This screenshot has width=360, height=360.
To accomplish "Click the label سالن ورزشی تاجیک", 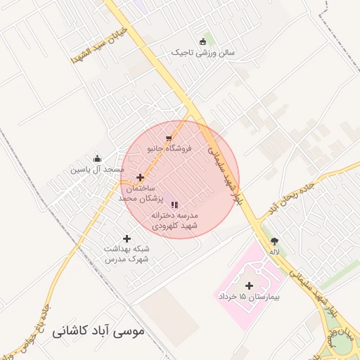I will point(206,52).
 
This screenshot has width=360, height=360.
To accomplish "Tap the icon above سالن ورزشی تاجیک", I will point(203,41).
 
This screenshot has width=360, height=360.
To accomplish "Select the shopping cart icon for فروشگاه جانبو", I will point(168,139).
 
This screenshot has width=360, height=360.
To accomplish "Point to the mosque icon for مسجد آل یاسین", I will point(97,158).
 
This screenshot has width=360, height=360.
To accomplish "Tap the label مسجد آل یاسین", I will point(97,169).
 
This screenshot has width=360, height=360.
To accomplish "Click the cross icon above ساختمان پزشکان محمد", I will point(141,178).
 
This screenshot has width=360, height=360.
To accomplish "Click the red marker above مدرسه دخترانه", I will point(175,204).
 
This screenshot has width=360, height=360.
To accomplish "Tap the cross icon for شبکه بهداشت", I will point(127,238).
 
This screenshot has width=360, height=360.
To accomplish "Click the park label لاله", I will point(274,251).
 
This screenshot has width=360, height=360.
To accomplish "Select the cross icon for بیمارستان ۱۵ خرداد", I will point(249,285).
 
